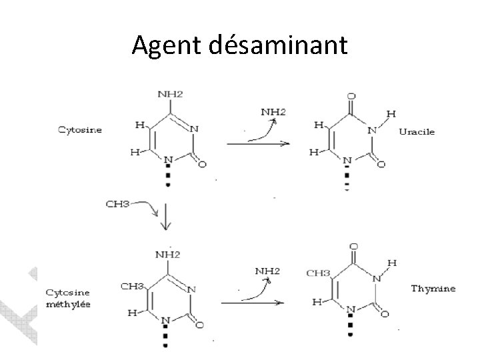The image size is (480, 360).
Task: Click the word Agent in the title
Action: [163, 45]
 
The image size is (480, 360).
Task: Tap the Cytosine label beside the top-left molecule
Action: [79, 130]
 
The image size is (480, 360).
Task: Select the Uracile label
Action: [417, 131]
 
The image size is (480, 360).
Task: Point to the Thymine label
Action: [433, 289]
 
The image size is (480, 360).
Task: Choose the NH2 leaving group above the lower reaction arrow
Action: [267, 271]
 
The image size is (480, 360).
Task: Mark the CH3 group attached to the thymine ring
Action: [319, 273]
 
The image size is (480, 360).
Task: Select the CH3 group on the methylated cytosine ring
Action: [132, 287]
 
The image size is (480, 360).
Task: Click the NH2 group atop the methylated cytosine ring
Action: [168, 254]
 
